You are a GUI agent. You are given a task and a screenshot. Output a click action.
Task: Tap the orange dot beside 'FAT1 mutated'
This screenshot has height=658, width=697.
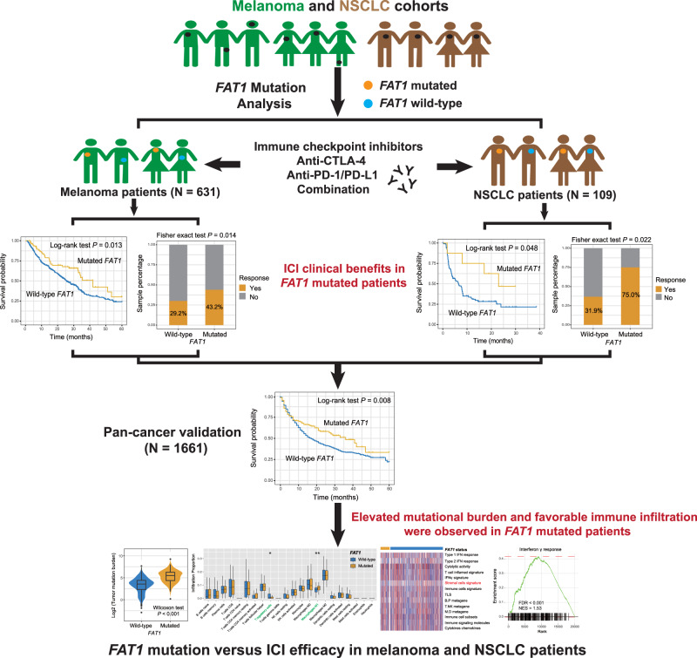click(x=369, y=89)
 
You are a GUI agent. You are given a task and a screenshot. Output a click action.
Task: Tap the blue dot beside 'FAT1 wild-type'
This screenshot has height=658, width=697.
click(x=369, y=105)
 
